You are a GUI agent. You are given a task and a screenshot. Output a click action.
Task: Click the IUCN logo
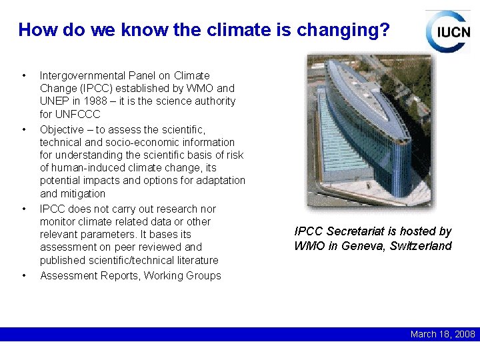pos(448,31)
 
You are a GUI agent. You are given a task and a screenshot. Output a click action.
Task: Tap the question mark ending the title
pos(385,30)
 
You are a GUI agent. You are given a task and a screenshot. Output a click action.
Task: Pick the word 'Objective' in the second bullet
pos(62,129)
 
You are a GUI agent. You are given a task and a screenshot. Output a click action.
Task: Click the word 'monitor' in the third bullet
pos(59,221)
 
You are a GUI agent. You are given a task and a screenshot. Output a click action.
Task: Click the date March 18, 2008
pos(443,334)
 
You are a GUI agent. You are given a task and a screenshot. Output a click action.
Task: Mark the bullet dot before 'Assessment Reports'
pos(24,276)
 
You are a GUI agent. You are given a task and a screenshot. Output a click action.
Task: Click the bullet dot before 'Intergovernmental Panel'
pos(24,76)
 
